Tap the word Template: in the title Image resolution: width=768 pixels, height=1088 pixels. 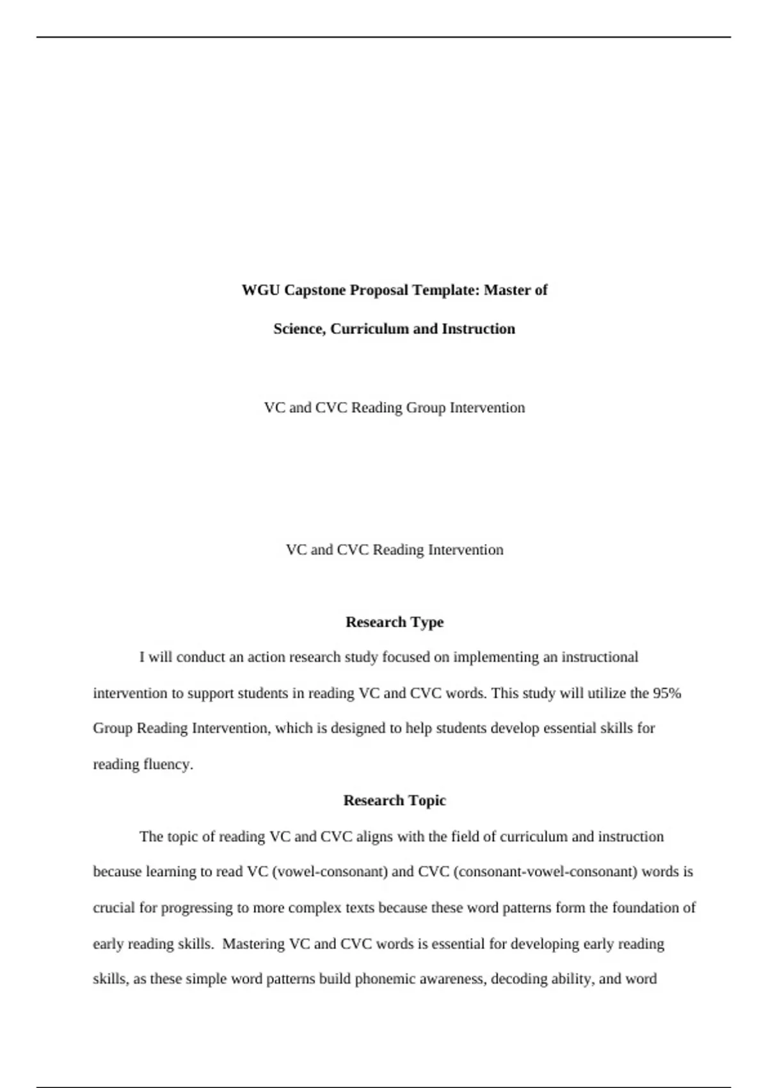point(446,291)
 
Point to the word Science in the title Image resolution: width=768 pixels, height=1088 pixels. point(300,329)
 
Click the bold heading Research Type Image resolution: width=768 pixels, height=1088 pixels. point(394,622)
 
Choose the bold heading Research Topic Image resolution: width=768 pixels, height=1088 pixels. point(394,801)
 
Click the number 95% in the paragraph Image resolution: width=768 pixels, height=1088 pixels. point(667,693)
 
